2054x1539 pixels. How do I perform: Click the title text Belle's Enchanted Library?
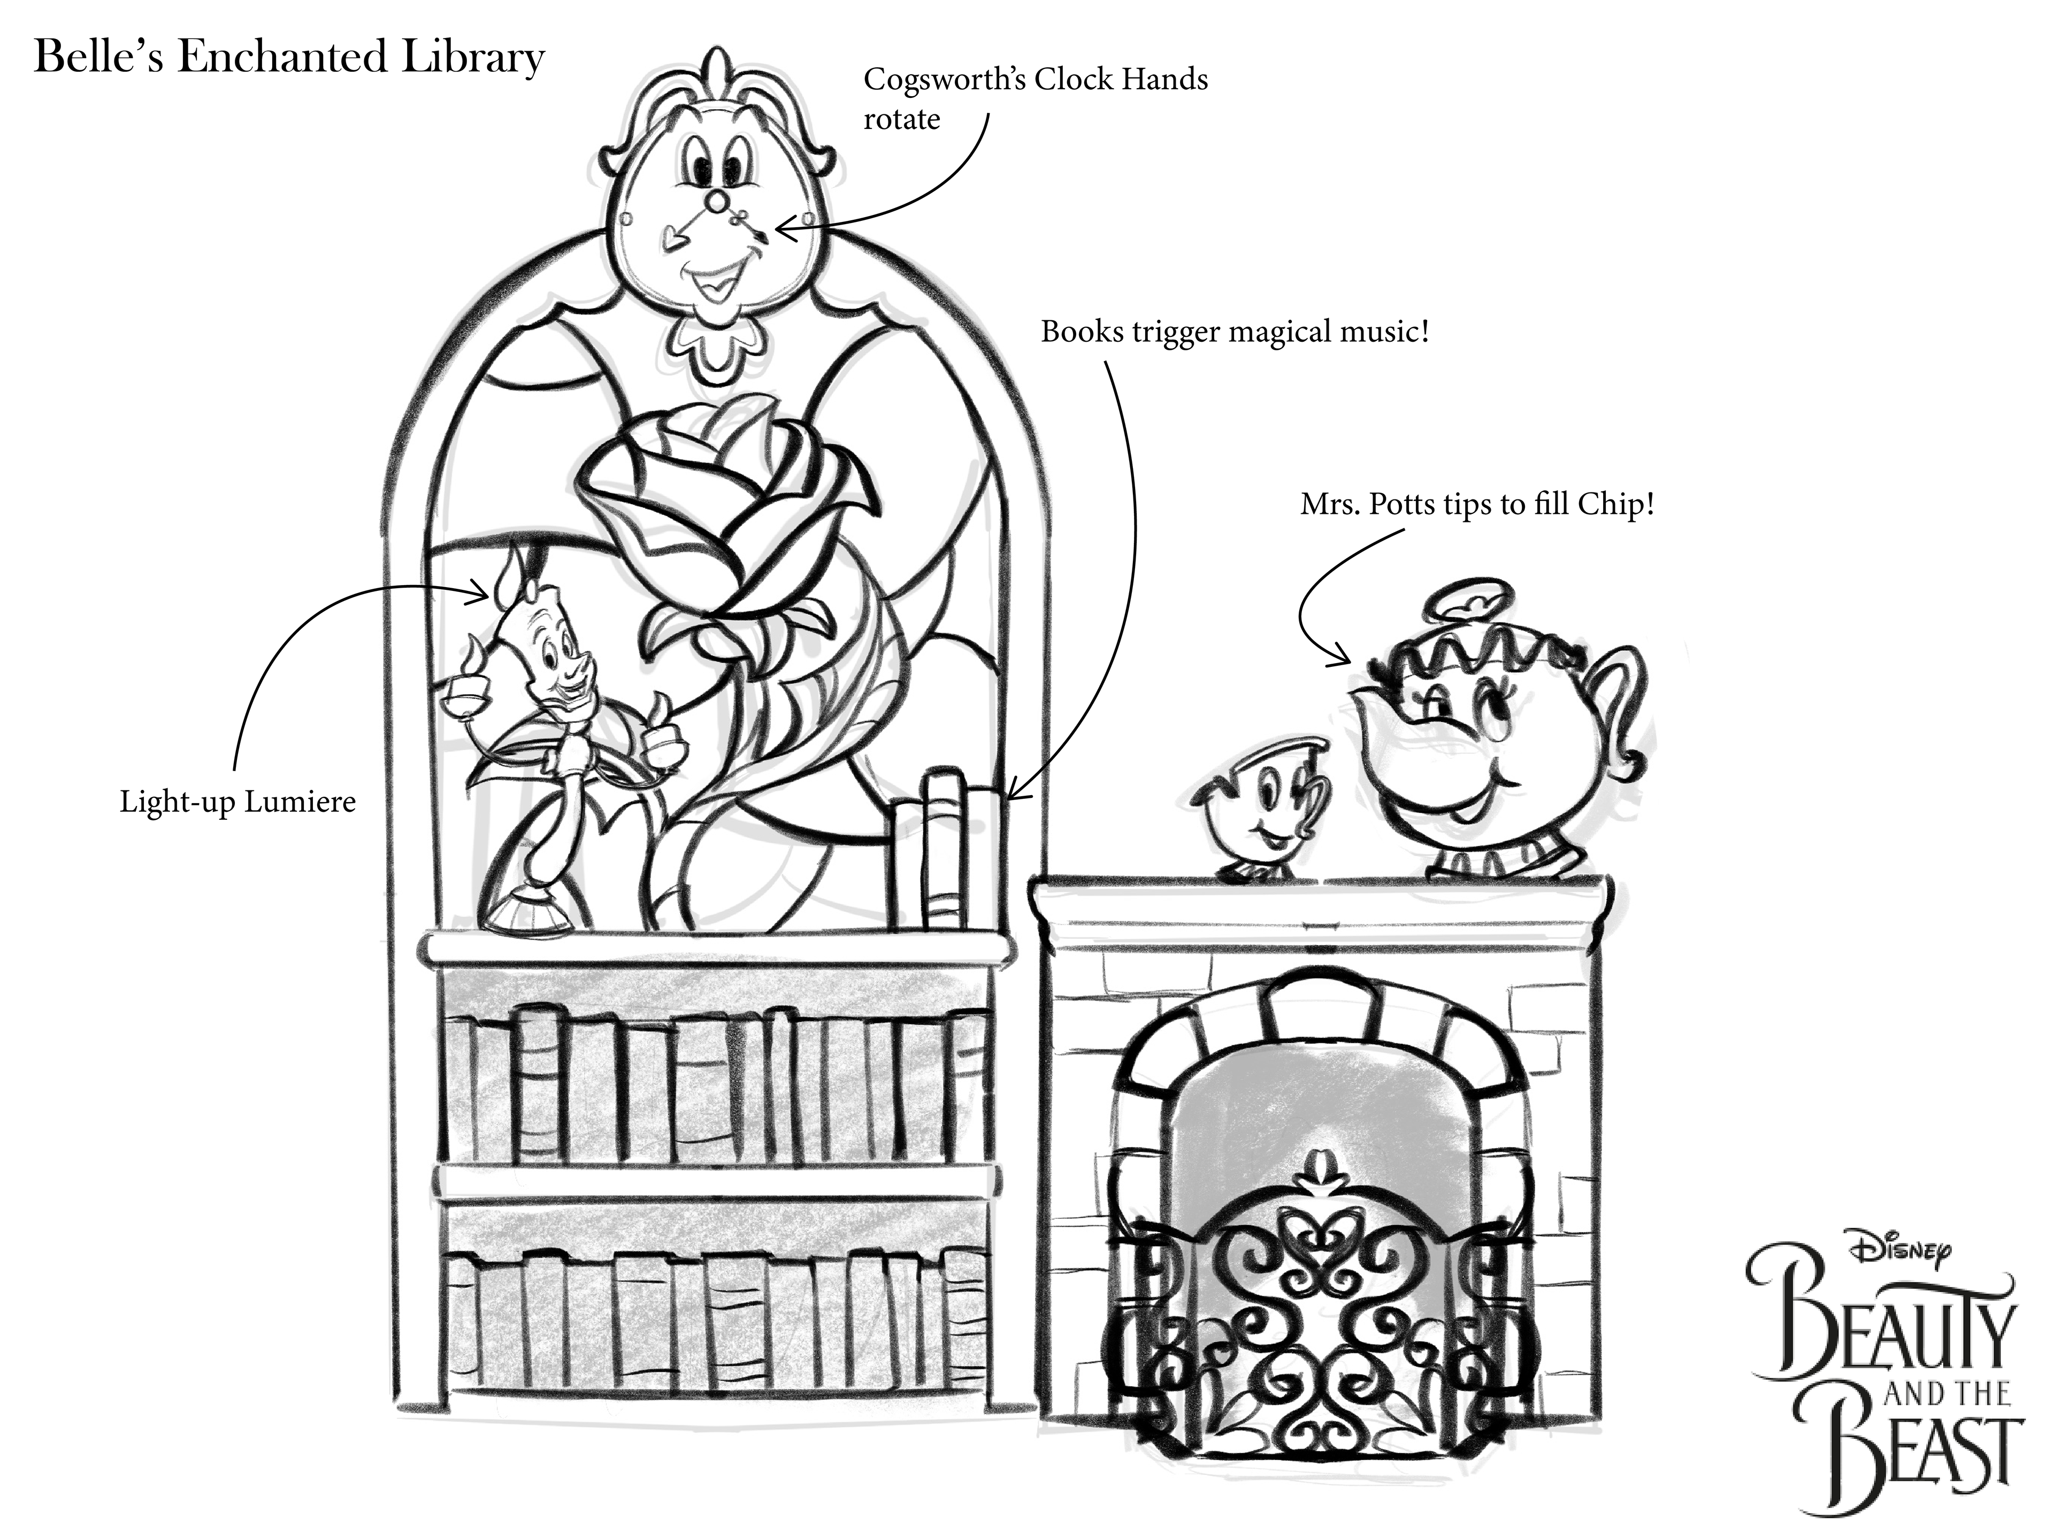[x=289, y=58]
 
